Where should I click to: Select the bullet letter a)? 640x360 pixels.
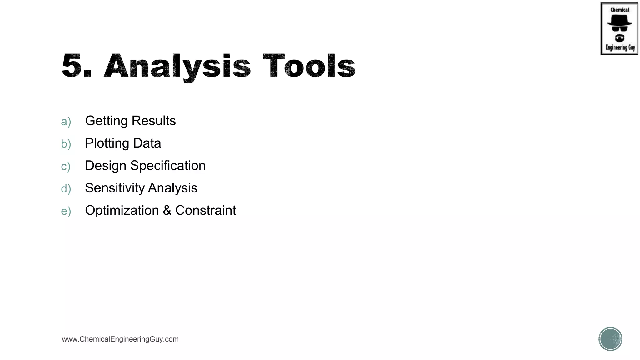click(x=66, y=122)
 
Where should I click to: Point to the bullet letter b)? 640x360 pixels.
click(x=66, y=144)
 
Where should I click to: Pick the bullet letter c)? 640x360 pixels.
click(x=66, y=167)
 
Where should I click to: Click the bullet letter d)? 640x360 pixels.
click(x=66, y=189)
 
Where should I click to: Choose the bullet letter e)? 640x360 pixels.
click(x=66, y=211)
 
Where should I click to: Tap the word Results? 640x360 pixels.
click(x=154, y=121)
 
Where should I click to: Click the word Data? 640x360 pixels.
click(x=147, y=143)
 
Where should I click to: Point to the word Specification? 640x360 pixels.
click(x=168, y=166)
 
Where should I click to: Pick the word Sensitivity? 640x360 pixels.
click(x=114, y=188)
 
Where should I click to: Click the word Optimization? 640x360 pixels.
click(x=122, y=211)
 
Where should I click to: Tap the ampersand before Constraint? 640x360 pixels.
click(x=167, y=211)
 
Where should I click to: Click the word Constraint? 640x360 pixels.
click(x=206, y=211)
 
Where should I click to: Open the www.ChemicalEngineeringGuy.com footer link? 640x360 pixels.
click(x=120, y=339)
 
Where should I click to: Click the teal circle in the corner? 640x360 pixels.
click(x=610, y=339)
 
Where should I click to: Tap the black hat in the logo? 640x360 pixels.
click(x=619, y=20)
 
